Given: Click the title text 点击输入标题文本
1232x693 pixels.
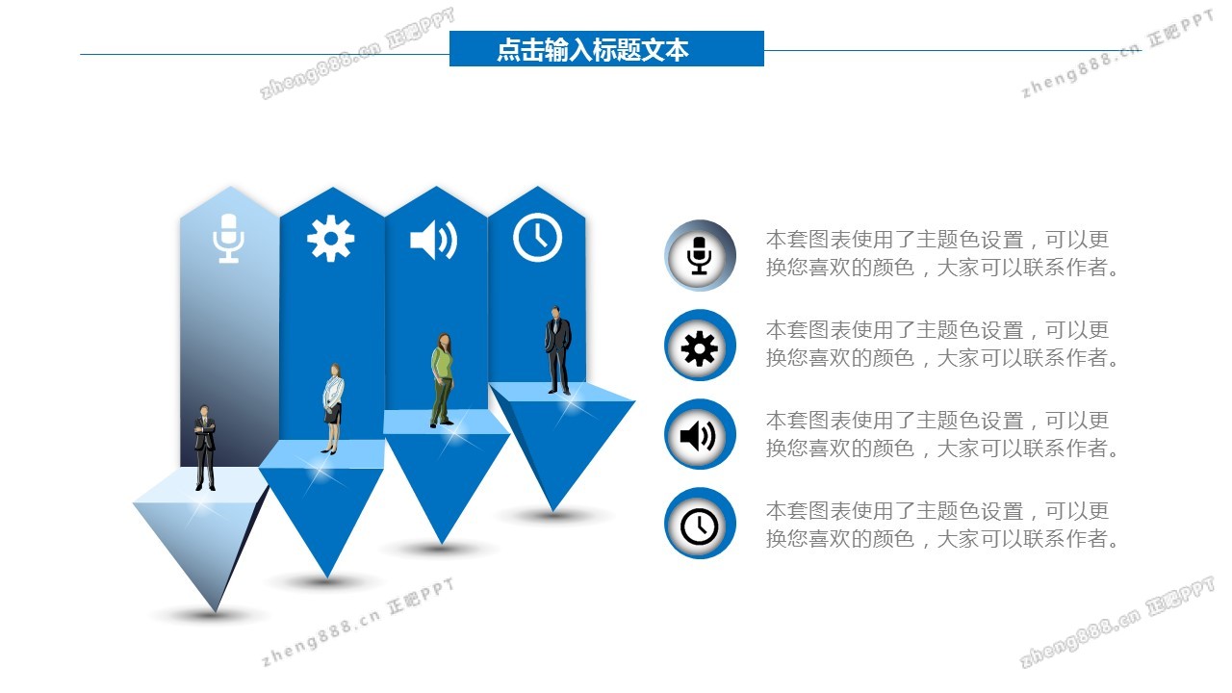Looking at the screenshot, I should (x=593, y=49).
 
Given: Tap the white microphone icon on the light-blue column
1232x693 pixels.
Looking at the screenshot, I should (x=228, y=239).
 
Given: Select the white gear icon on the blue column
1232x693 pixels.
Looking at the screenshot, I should (x=330, y=239).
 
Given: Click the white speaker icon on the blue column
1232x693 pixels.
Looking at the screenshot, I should (x=433, y=240).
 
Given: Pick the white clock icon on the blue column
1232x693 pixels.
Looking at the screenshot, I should (x=537, y=237).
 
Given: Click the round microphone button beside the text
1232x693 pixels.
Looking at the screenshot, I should (x=700, y=255).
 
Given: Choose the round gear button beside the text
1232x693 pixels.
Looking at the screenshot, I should (x=700, y=346).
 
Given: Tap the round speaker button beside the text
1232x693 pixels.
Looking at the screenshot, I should (x=700, y=436).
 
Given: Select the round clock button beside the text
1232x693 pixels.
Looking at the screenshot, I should (x=700, y=525).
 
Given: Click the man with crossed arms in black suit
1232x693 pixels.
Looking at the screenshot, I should (x=204, y=448).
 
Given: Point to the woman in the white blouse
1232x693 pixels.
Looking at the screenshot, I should (x=333, y=408).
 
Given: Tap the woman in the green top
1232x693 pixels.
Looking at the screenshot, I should (x=442, y=379).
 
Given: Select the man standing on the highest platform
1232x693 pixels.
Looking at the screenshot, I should (x=558, y=350).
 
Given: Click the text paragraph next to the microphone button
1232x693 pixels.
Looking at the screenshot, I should (x=943, y=254).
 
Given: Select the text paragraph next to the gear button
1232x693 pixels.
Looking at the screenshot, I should (x=943, y=345).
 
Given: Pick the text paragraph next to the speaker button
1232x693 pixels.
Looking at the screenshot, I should (x=943, y=435).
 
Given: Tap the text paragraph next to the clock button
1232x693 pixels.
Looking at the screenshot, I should (x=943, y=526).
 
